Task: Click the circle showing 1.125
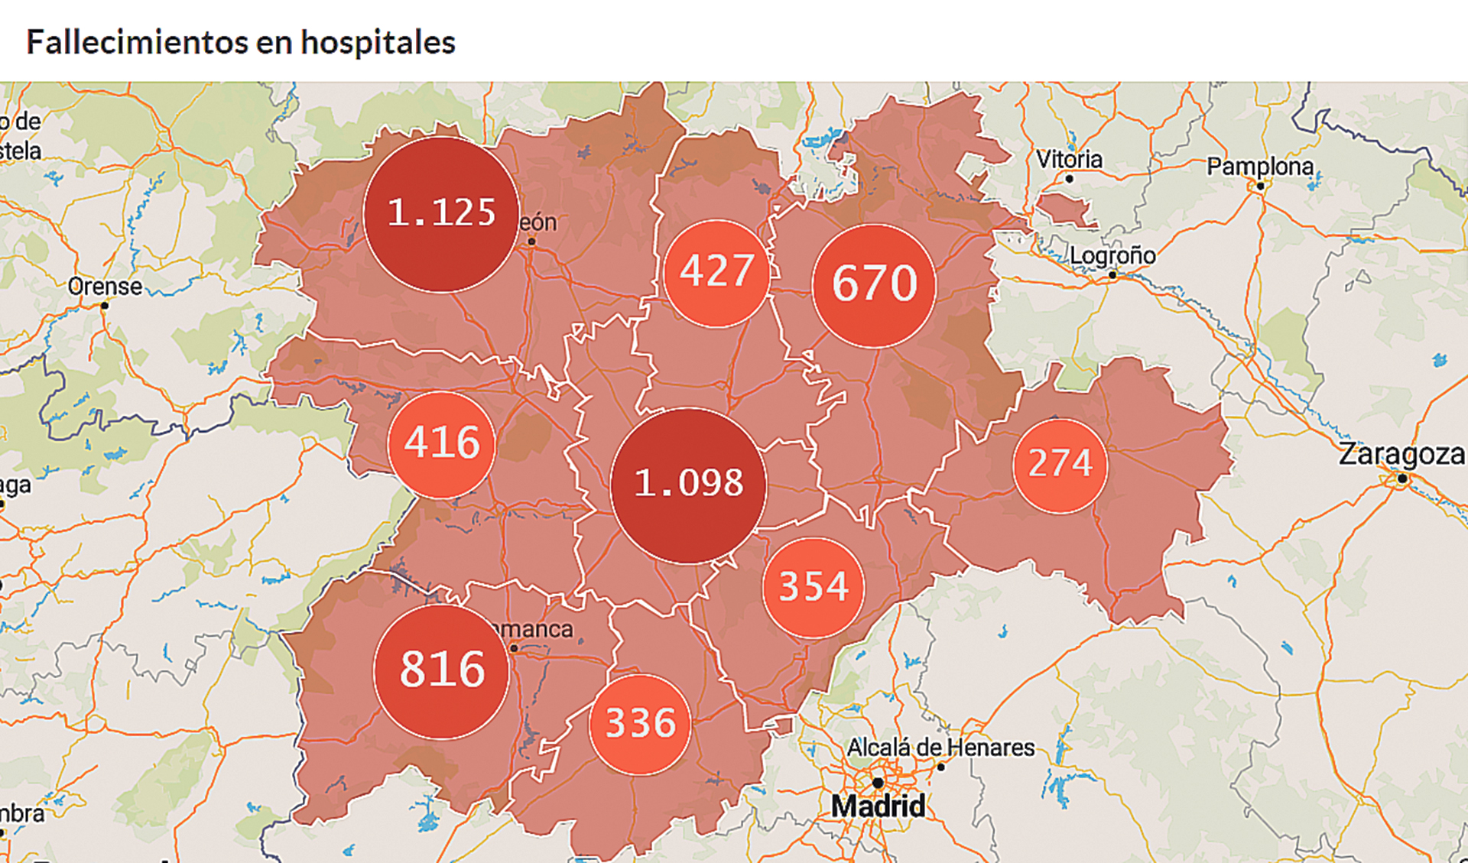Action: [x=441, y=214]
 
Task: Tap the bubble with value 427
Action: [x=716, y=273]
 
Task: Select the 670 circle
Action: [x=874, y=285]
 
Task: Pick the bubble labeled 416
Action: [x=441, y=444]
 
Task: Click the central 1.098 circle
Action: [x=688, y=485]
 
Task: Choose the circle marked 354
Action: [x=814, y=587]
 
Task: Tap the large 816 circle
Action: [x=442, y=671]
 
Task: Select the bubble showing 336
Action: [x=640, y=724]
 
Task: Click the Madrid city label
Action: [x=878, y=806]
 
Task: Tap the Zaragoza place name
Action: [x=1401, y=454]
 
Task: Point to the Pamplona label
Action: [x=1259, y=166]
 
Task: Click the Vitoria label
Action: [x=1069, y=160]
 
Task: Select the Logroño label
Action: [x=1112, y=255]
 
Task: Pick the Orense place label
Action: [x=105, y=287]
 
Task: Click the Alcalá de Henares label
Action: [x=940, y=747]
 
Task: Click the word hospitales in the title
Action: [x=378, y=42]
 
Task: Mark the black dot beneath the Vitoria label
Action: [x=1069, y=179]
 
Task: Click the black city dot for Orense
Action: [x=105, y=306]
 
